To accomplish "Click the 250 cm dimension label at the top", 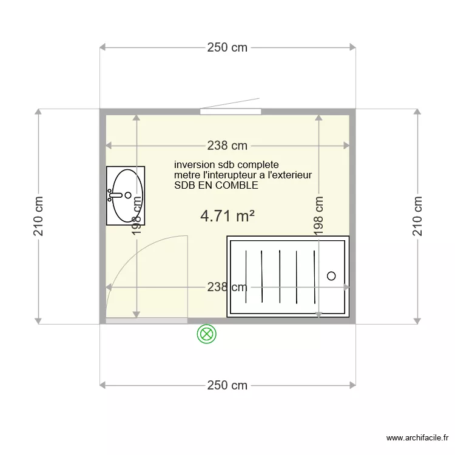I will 227,48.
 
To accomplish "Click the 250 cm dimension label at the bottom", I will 227,385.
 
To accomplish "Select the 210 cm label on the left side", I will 39,217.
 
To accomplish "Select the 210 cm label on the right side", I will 417,217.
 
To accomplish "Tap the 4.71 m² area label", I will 227,216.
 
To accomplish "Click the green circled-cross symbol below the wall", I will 207,334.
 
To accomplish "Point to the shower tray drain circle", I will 331,276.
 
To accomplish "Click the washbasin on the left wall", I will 126,195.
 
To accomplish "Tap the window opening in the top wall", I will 231,111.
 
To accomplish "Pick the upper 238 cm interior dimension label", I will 227,146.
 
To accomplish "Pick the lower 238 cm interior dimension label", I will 226,288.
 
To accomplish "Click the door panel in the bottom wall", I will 146,320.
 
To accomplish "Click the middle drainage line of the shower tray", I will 280,276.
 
